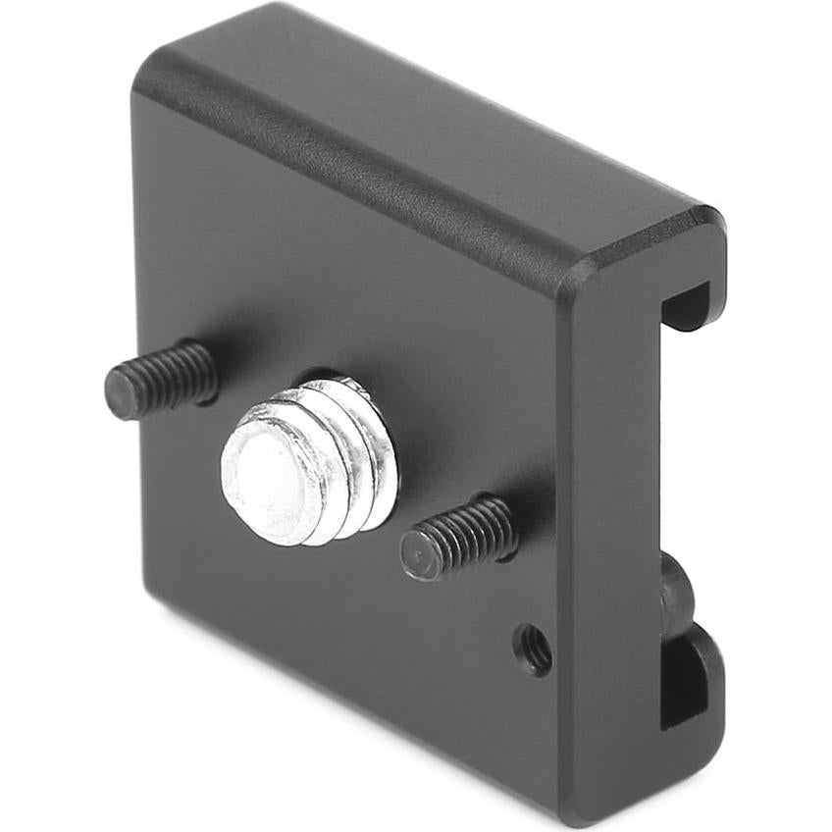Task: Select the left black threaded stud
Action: point(162,378)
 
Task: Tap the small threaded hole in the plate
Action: point(535,649)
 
